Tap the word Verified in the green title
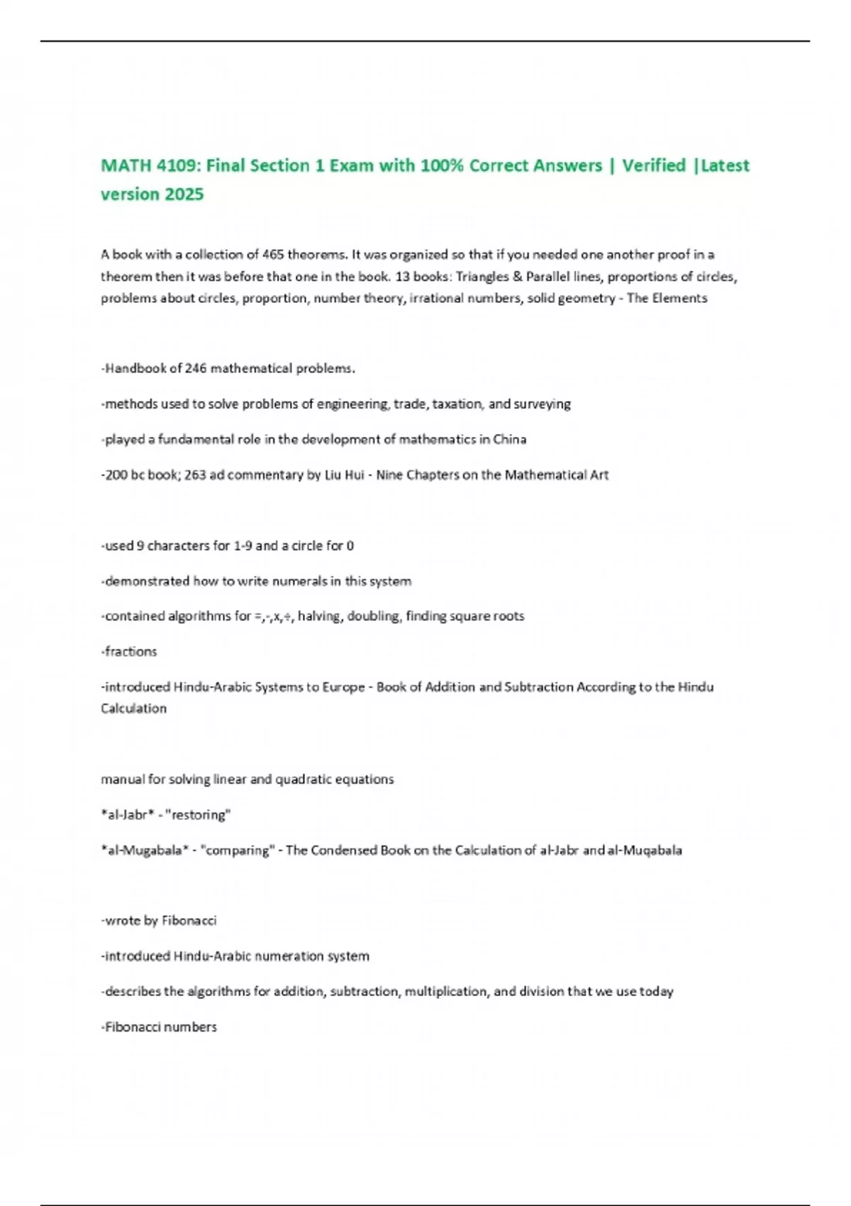click(654, 165)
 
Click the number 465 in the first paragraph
click(273, 255)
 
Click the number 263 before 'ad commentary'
click(195, 475)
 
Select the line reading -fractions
click(129, 651)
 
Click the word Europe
click(343, 687)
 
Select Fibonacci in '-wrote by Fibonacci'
click(189, 921)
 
